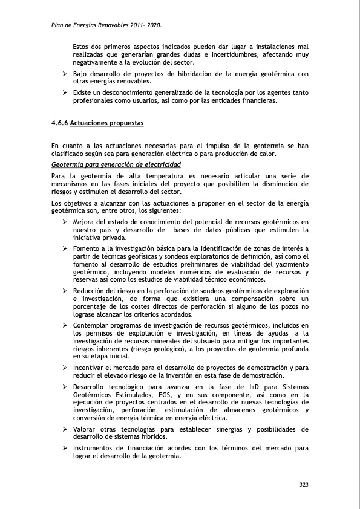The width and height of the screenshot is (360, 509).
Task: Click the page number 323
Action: [304, 485]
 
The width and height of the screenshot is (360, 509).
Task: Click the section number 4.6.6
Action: [60, 123]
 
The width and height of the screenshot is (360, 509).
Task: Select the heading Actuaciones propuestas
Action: [107, 123]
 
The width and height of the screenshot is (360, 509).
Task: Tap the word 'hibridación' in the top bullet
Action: [201, 74]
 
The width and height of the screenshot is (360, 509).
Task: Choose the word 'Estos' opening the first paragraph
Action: [82, 47]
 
